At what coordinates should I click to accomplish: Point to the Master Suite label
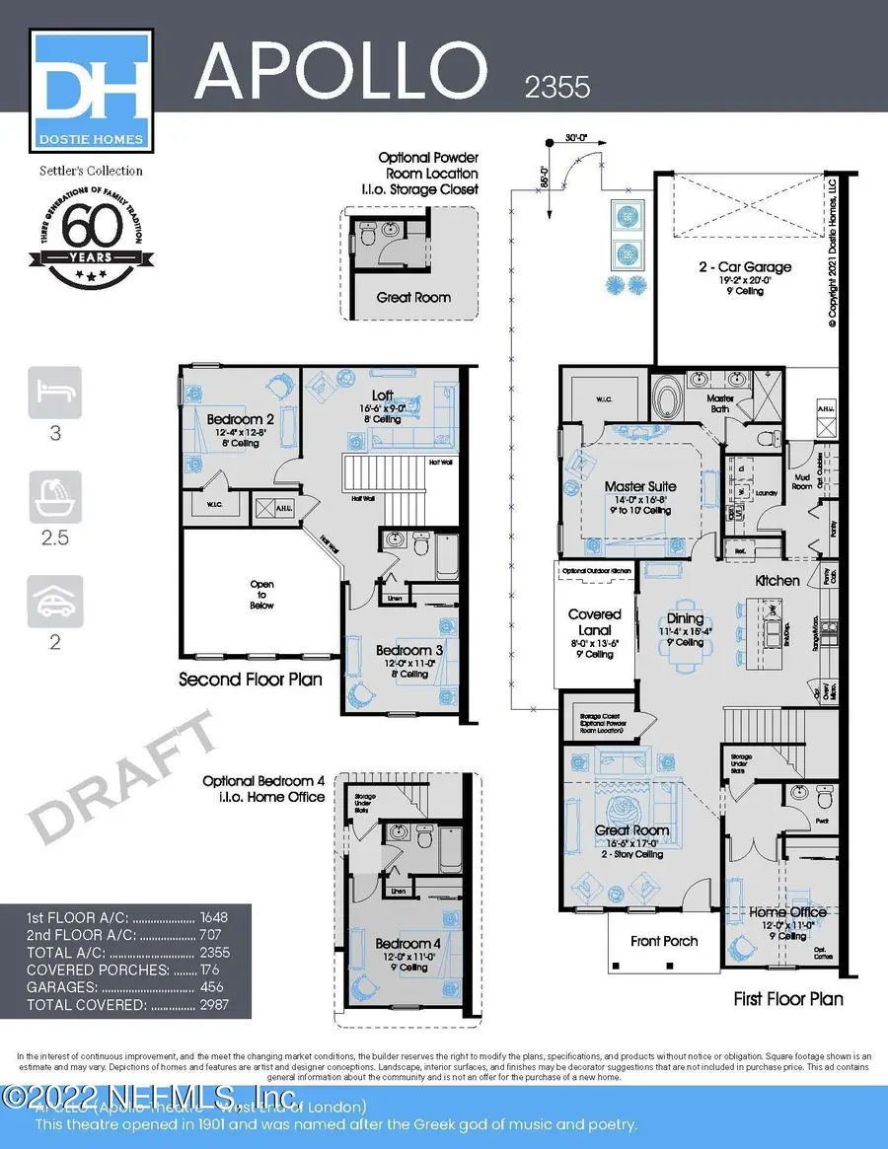640,486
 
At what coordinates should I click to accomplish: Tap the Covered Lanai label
595,621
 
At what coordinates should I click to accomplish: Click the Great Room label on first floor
632,830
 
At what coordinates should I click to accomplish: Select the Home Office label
786,912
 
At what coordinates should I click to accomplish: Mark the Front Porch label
664,941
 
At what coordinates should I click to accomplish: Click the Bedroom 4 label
407,944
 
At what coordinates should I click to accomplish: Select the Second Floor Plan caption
250,680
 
